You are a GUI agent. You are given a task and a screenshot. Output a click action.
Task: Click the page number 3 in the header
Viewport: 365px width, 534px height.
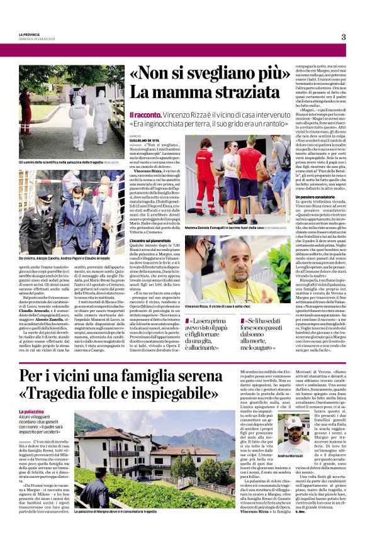344,36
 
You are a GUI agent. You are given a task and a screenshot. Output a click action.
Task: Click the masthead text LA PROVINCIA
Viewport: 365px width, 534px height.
30,34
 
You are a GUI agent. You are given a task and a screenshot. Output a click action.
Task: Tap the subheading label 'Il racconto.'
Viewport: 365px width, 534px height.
145,116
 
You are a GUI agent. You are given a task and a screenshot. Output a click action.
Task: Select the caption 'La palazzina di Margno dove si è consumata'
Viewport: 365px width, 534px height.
121,512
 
